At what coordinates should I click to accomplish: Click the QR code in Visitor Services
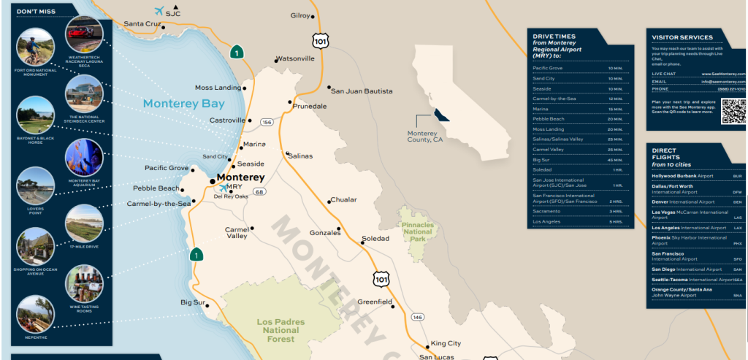point(733,110)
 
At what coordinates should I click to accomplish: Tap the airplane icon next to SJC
point(159,11)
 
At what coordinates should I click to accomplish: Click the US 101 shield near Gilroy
point(318,40)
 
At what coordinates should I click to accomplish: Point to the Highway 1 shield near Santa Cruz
point(236,53)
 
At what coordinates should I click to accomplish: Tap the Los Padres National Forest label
point(280,329)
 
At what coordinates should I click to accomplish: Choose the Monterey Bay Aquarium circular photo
point(84,156)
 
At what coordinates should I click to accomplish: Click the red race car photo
point(83,32)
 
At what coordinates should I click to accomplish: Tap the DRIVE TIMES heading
point(554,36)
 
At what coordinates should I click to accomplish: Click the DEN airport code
point(736,202)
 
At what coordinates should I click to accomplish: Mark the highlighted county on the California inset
point(441,115)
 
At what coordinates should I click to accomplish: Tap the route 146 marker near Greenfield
point(416,317)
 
